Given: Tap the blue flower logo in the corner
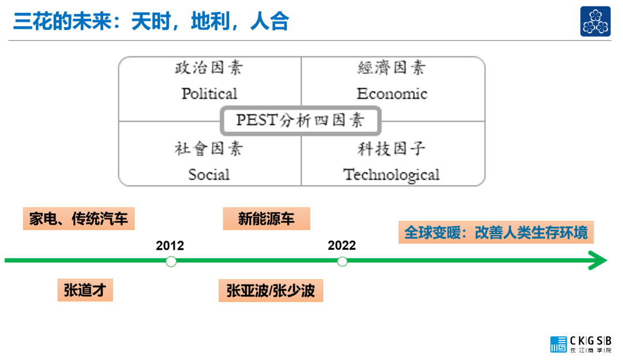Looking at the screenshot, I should click(595, 22).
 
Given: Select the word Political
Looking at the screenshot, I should click(209, 93).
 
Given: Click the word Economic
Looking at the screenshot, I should click(392, 93).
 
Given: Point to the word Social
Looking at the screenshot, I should click(209, 174).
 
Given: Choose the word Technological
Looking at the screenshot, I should click(392, 174).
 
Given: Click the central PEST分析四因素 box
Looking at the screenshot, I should click(301, 121).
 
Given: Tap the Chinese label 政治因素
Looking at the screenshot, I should click(209, 68).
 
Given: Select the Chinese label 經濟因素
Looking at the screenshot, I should click(392, 68).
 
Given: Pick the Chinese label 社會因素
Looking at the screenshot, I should click(209, 149).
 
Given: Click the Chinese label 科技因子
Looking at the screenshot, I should click(392, 149).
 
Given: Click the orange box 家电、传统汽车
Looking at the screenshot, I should click(78, 219).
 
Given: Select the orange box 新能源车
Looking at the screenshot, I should click(267, 219).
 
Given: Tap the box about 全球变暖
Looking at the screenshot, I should click(496, 232).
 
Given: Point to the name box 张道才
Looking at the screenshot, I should click(85, 290).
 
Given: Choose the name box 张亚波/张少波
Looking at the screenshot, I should click(271, 290).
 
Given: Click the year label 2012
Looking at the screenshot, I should click(170, 246).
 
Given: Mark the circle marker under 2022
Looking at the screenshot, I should click(342, 261).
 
